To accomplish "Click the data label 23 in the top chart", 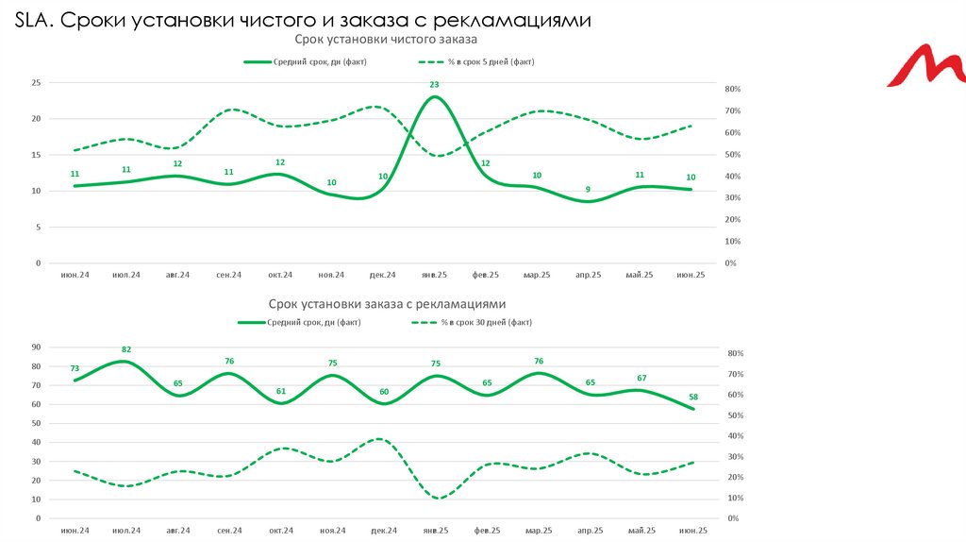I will (434, 85).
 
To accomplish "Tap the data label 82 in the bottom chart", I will (125, 349).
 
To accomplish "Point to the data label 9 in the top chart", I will (589, 190).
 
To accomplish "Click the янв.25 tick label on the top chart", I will (434, 275).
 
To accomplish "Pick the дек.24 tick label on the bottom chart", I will (383, 532).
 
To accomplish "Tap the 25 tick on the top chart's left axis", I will (36, 83).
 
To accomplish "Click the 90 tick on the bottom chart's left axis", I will (36, 347).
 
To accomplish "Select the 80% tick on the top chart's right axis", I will (732, 90).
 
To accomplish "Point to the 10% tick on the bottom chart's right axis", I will (735, 499).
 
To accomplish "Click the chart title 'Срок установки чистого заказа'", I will (386, 40).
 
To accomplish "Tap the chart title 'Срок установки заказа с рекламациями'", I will (387, 304).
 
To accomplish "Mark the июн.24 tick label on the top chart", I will (75, 275).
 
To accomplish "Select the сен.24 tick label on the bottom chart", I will (228, 532).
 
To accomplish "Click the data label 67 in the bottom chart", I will (641, 379).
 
